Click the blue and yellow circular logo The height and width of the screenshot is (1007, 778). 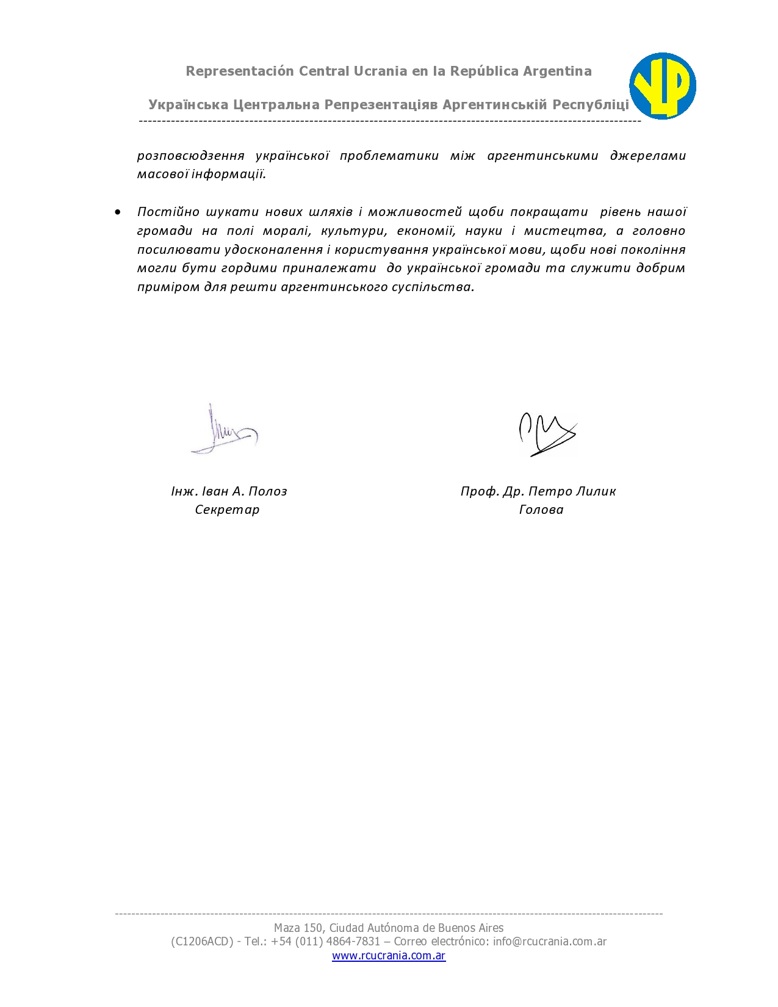point(662,86)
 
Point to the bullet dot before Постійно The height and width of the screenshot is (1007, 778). point(118,212)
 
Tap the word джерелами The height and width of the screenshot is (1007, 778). point(647,156)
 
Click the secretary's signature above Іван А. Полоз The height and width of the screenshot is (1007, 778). point(224,431)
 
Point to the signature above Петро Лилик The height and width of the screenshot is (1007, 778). point(547,434)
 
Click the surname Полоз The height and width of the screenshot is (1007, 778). point(268,491)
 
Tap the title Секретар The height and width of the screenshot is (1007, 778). point(227,510)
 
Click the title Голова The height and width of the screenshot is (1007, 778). point(541,510)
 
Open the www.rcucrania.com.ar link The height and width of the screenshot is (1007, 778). point(389,956)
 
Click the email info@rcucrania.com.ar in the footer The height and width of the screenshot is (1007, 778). point(550,942)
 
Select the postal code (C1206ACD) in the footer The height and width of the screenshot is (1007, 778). point(202,942)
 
